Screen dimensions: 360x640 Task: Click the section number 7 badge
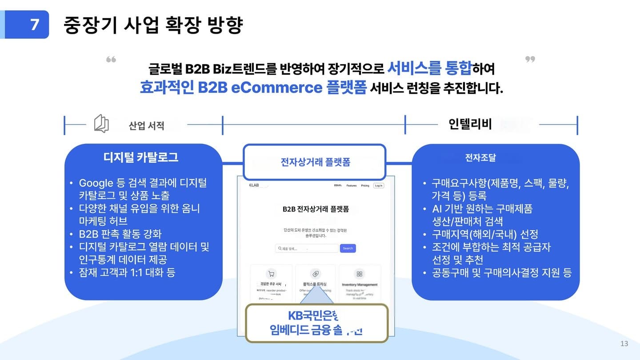click(34, 24)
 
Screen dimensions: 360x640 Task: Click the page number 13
click(624, 344)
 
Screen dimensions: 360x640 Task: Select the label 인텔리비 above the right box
click(470, 124)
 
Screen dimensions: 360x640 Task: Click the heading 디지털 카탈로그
click(141, 157)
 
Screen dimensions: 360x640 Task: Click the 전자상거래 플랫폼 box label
click(315, 162)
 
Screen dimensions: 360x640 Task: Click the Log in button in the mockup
click(378, 185)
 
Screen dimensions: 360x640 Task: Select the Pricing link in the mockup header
click(365, 186)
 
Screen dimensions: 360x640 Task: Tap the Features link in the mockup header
click(352, 186)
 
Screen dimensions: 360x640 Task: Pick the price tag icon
click(316, 274)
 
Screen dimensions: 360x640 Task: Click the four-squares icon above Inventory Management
click(360, 274)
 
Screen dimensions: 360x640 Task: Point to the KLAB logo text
click(255, 185)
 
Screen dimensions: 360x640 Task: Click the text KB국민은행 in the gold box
click(313, 316)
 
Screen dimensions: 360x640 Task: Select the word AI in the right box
click(437, 209)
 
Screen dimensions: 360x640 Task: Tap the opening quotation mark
click(111, 60)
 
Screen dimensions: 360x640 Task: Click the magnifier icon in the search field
click(280, 248)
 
